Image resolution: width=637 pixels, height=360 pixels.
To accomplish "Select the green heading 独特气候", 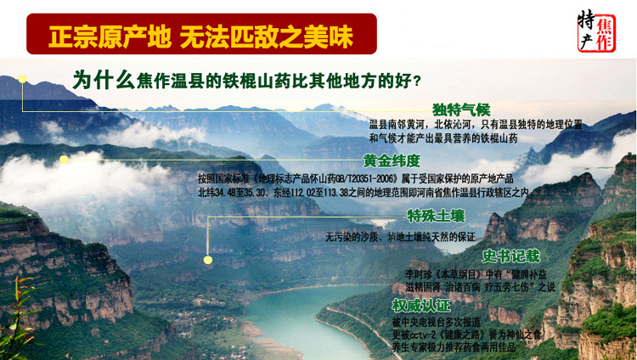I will pyautogui.click(x=461, y=110).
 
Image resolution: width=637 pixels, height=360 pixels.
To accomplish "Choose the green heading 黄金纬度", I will pyautogui.click(x=392, y=160).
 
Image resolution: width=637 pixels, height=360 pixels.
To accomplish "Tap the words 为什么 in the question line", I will pyautogui.click(x=102, y=80).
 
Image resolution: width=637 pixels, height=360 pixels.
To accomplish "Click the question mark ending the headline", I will pyautogui.click(x=414, y=82).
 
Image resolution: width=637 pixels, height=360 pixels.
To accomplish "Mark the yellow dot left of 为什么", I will pyautogui.click(x=24, y=80).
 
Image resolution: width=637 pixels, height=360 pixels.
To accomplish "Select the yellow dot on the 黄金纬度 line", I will pyautogui.click(x=64, y=159).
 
